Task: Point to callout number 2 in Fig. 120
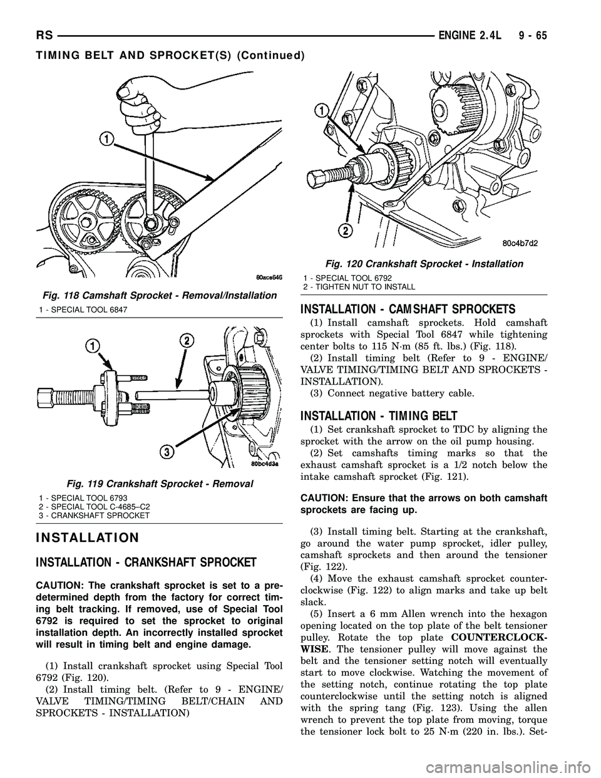pyautogui.click(x=326, y=231)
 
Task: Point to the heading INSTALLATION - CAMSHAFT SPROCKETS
pyautogui.click(x=408, y=309)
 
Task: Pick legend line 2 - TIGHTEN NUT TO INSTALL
pyautogui.click(x=359, y=286)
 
